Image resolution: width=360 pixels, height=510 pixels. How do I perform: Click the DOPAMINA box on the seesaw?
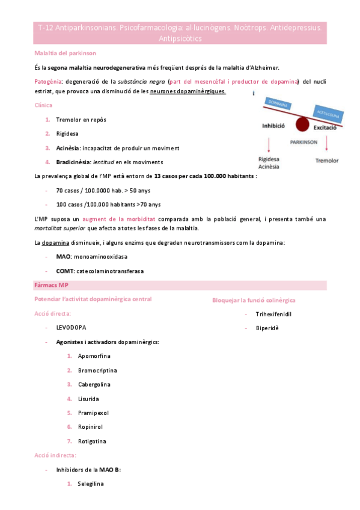(x=276, y=105)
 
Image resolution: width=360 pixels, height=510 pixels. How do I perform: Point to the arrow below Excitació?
(x=327, y=144)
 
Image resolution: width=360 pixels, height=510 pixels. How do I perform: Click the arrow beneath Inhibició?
(x=269, y=144)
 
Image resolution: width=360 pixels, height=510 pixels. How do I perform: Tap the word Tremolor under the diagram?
(x=327, y=161)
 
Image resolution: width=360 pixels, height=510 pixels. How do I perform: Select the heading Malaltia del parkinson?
(x=61, y=54)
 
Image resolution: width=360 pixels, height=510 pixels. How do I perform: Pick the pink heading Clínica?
(x=43, y=105)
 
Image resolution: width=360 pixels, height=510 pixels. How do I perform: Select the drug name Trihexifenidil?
(x=273, y=313)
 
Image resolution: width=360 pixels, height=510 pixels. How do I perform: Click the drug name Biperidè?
(x=267, y=328)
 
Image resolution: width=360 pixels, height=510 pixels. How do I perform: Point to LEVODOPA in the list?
(x=71, y=327)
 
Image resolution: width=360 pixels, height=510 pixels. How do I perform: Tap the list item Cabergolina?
(x=94, y=384)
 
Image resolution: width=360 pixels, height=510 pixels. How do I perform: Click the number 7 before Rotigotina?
(x=69, y=441)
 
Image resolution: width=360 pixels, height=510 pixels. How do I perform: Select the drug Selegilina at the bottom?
(x=91, y=484)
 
